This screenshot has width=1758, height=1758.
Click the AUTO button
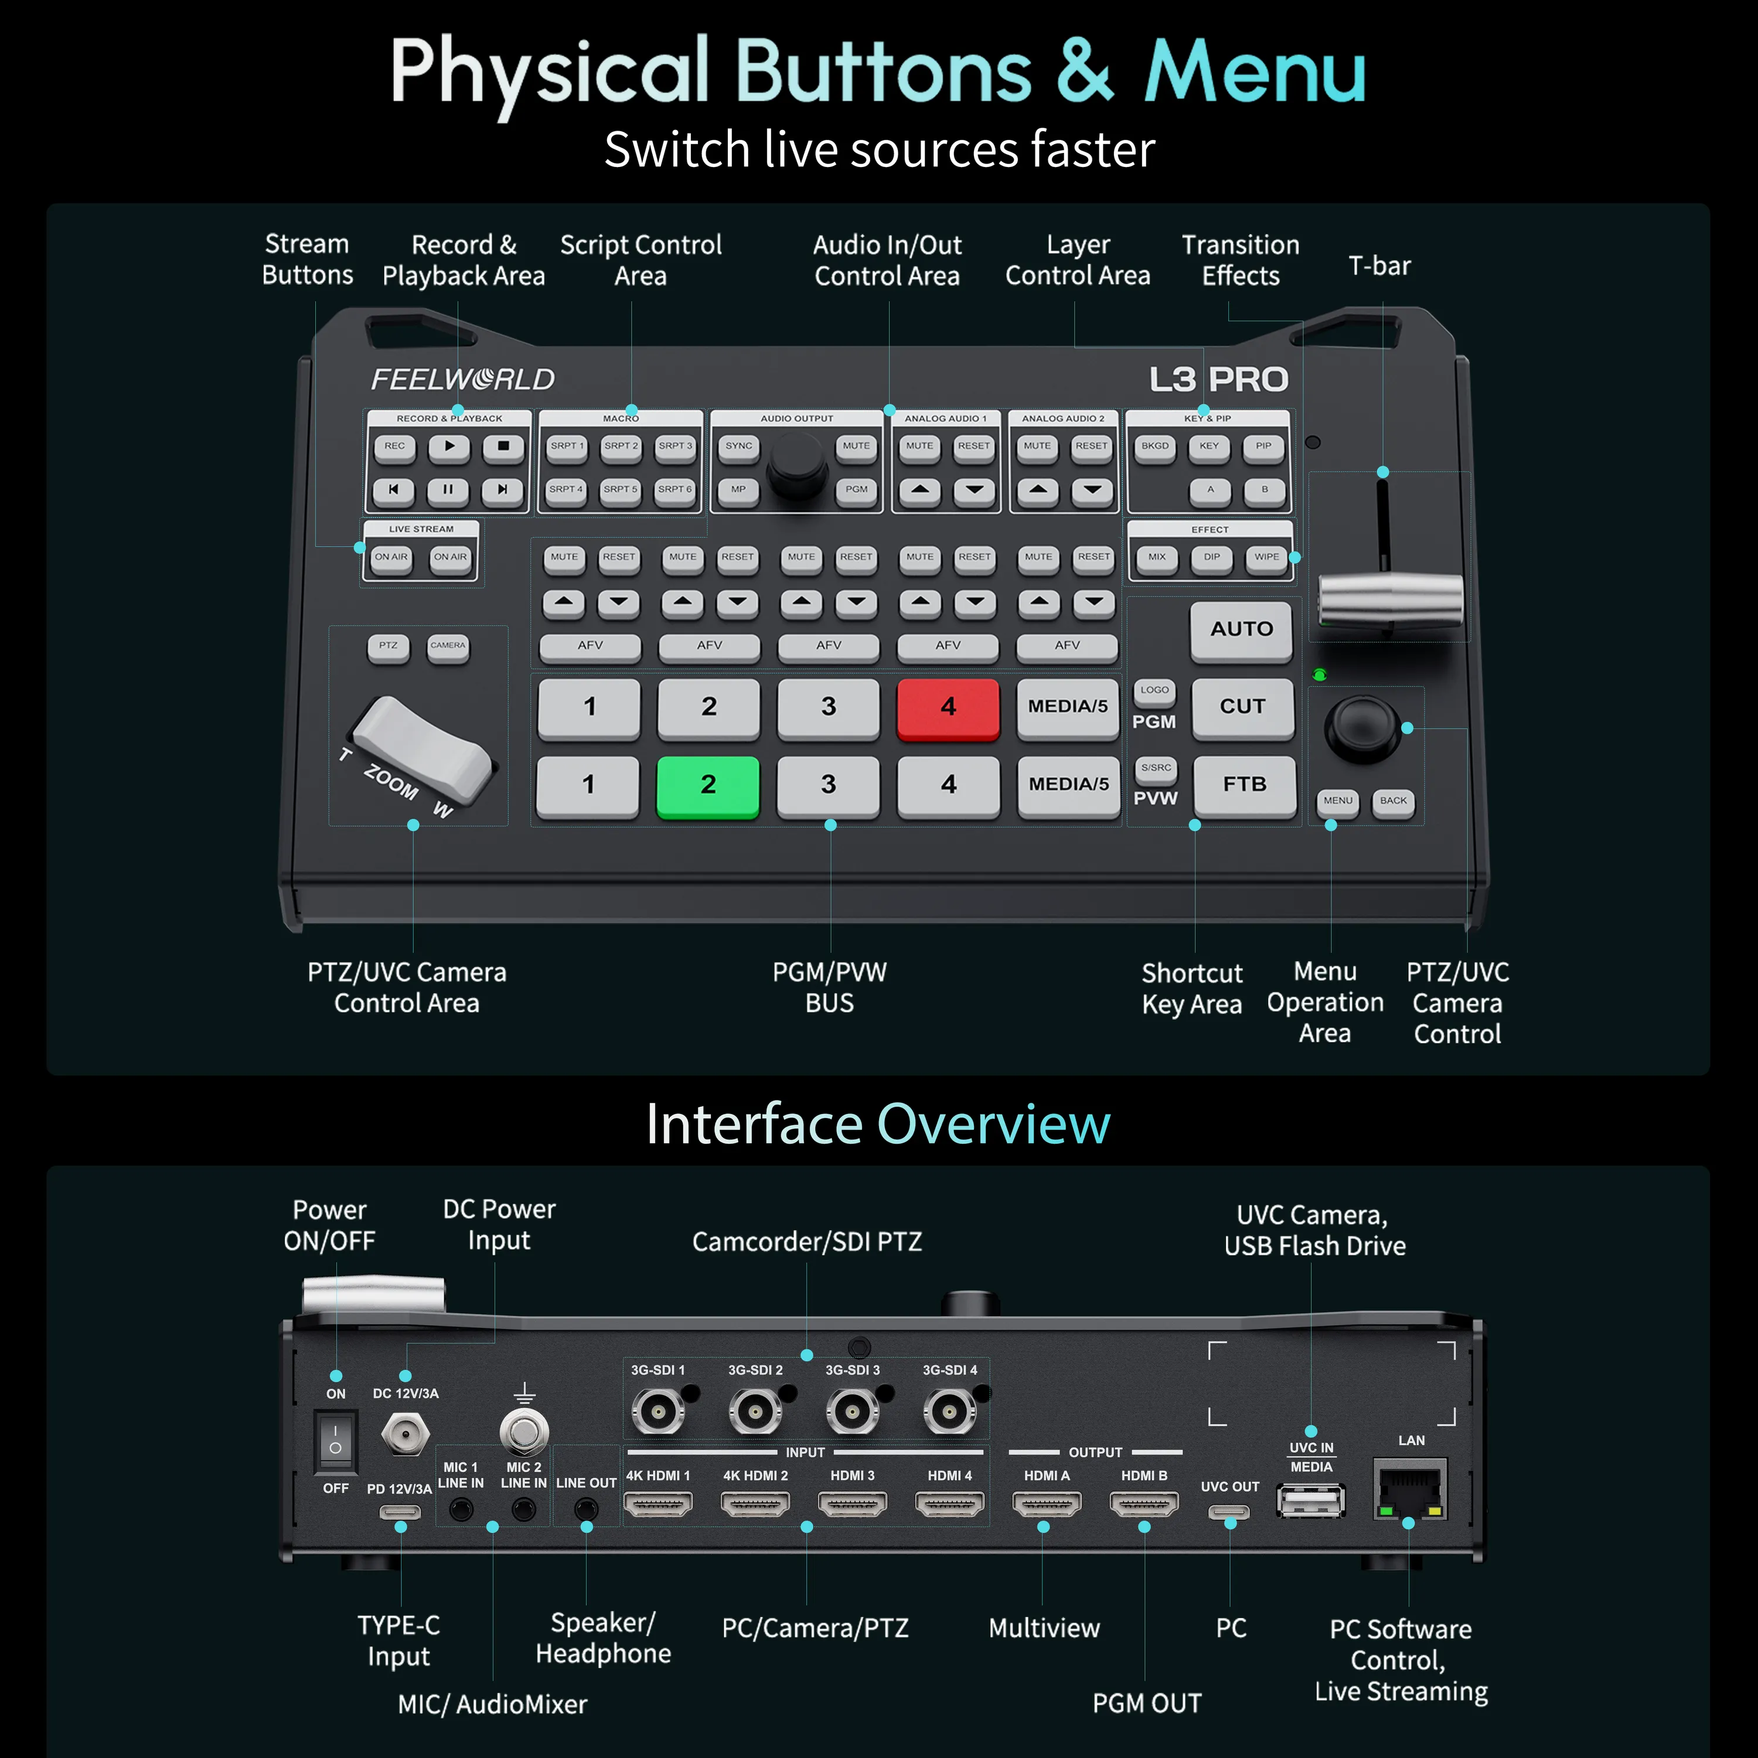(1241, 631)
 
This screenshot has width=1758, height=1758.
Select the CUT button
(1242, 708)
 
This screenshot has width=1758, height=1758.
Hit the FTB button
(1244, 785)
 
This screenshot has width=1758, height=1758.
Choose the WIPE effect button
(1266, 558)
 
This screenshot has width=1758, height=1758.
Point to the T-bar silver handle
(1391, 599)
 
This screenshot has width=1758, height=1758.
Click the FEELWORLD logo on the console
(463, 380)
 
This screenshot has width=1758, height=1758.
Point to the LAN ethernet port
(1409, 1488)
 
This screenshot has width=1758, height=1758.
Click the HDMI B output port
(1144, 1505)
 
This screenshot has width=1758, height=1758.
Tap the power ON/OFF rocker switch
(336, 1440)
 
